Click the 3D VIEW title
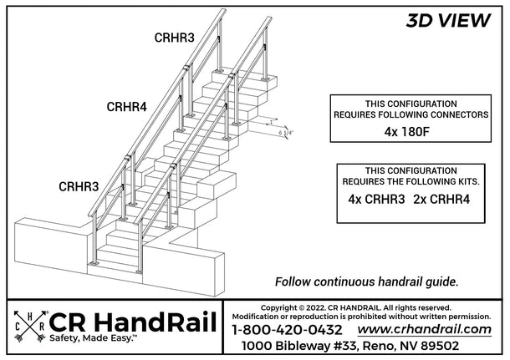tap(448, 21)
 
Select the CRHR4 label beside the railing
tap(127, 107)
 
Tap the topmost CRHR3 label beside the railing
tap(175, 38)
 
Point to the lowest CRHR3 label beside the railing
tap(79, 186)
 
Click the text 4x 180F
tap(407, 132)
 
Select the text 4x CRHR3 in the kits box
tap(376, 199)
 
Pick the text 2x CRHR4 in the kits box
tap(441, 199)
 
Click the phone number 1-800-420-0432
tap(288, 330)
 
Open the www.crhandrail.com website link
tap(425, 329)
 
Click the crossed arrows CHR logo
tap(30, 327)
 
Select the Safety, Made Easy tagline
tap(94, 338)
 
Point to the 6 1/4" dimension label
tap(286, 133)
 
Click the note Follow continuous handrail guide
tap(366, 281)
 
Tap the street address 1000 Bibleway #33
tap(299, 346)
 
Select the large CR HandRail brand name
tap(133, 322)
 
